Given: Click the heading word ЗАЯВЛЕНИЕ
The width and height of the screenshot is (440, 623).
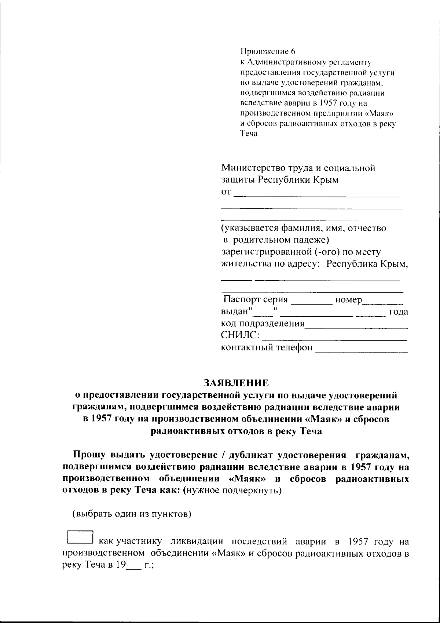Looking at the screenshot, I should coord(236,383).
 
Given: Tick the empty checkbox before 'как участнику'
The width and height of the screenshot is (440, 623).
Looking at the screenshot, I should coord(80,537).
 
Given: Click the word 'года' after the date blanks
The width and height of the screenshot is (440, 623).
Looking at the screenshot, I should coord(399,312).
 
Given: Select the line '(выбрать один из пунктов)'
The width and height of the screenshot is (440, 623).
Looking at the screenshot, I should coord(132,514).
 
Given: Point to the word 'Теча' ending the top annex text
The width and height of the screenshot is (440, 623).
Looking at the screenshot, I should coord(249,134).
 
